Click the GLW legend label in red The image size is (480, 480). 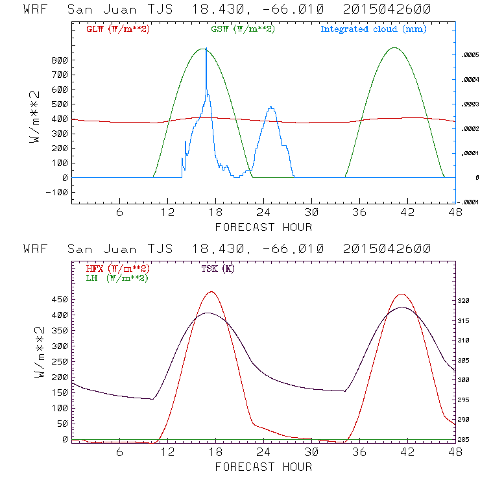click(117, 29)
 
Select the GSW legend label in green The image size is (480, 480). click(241, 29)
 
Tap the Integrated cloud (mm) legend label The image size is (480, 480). click(374, 29)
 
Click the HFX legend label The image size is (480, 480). click(117, 269)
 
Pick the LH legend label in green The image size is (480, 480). click(117, 278)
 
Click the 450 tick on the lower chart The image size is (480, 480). click(59, 300)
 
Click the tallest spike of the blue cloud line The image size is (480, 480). click(206, 49)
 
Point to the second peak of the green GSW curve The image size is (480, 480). click(394, 47)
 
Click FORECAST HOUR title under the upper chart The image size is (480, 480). click(263, 227)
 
